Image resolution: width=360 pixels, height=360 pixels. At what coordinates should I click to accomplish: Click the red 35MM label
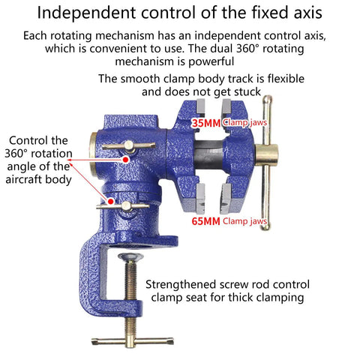click(206, 123)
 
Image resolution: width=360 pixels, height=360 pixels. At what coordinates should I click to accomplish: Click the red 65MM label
click(206, 221)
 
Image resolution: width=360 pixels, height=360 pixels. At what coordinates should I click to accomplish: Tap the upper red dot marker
click(126, 159)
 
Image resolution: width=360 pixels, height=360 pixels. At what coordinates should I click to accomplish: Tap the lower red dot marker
click(110, 201)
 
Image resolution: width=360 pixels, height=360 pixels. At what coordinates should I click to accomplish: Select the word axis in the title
click(308, 13)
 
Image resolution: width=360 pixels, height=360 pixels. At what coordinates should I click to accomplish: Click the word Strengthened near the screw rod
click(181, 285)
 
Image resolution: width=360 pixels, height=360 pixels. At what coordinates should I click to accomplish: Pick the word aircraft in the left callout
click(24, 179)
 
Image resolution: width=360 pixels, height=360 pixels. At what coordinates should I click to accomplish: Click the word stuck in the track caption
click(247, 91)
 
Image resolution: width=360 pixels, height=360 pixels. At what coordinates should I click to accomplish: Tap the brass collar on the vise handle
click(266, 155)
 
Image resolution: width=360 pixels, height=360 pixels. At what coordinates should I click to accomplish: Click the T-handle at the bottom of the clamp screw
click(132, 341)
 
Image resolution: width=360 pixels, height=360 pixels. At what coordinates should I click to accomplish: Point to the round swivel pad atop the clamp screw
click(130, 256)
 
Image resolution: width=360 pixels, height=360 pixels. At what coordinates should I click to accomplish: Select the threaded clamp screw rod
click(130, 298)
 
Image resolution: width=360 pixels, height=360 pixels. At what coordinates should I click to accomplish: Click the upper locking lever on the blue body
click(128, 146)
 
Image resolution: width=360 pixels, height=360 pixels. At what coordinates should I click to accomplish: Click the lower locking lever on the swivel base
click(123, 206)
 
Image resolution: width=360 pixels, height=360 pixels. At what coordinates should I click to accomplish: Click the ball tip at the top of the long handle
click(267, 100)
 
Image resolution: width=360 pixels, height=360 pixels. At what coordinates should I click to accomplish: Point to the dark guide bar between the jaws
click(208, 154)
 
